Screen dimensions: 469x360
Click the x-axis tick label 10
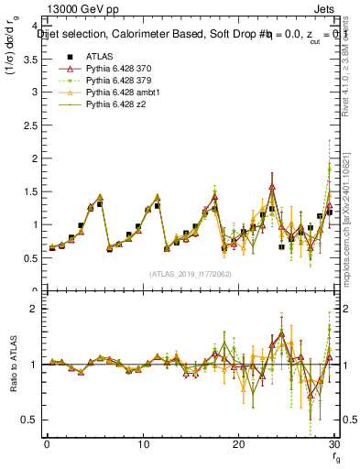(x=142, y=444)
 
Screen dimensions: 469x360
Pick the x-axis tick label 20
(x=238, y=444)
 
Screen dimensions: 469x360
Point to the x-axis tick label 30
(x=333, y=444)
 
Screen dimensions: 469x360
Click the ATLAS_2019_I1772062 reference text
(x=190, y=274)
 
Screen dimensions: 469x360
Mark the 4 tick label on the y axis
(x=38, y=27)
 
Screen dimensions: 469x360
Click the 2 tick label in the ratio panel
(x=38, y=309)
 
